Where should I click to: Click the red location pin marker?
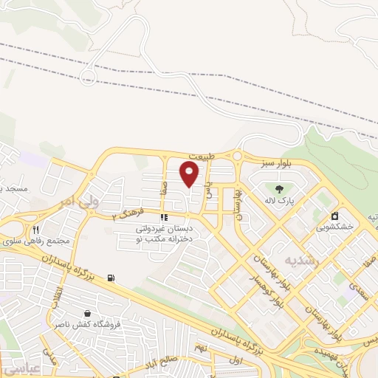pos(190,174)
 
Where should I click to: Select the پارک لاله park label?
pos(280,201)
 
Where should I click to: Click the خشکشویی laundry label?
pos(336,228)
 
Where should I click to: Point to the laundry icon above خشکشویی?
pos(335,216)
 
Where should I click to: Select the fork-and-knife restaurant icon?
pos(35,230)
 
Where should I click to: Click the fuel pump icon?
pos(111,278)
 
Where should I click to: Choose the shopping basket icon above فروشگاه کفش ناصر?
pos(87,313)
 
